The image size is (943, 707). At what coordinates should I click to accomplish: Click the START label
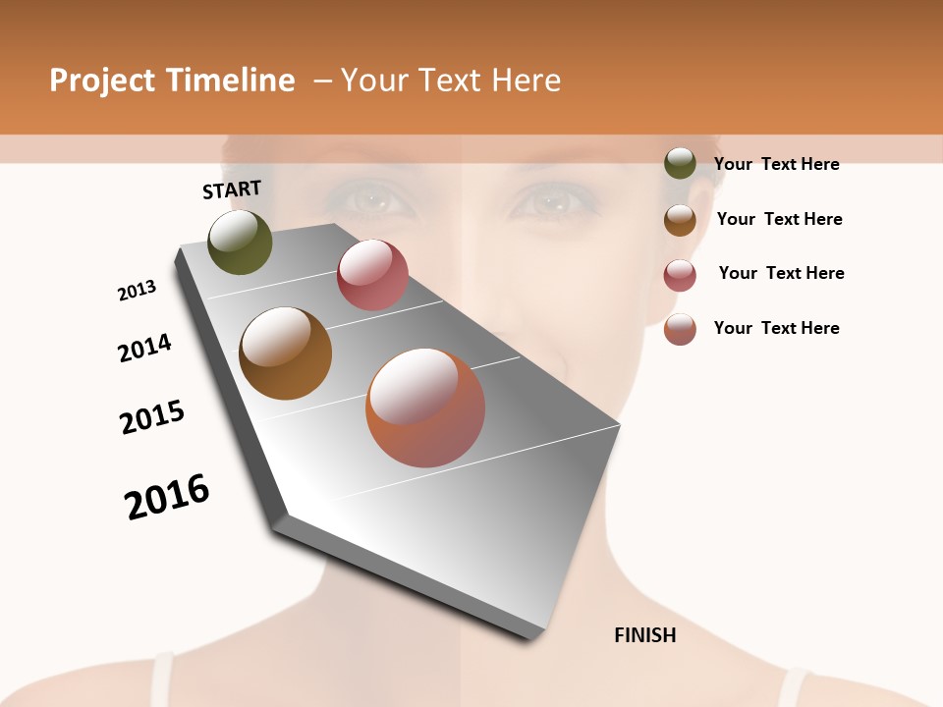[x=232, y=190]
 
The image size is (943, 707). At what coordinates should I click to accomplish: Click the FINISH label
[x=644, y=635]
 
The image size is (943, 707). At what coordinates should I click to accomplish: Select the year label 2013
[x=137, y=291]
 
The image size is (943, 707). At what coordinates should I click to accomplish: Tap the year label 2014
[x=144, y=348]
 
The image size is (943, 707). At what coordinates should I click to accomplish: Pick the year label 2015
[x=152, y=417]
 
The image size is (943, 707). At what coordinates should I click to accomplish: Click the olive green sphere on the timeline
[x=240, y=242]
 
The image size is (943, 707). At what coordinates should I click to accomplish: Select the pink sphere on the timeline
[x=372, y=275]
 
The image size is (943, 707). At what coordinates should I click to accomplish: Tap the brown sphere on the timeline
[x=285, y=353]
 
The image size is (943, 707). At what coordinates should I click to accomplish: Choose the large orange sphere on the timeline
[x=425, y=407]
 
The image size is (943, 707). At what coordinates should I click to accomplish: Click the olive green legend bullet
[x=680, y=163]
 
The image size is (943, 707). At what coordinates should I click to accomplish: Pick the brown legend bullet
[x=680, y=220]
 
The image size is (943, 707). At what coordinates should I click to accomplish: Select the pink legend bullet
[x=680, y=275]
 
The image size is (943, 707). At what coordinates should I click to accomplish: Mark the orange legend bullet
[x=680, y=329]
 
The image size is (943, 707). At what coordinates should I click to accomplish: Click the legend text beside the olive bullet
[x=776, y=164]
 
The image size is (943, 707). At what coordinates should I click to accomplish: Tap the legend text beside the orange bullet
[x=776, y=328]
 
